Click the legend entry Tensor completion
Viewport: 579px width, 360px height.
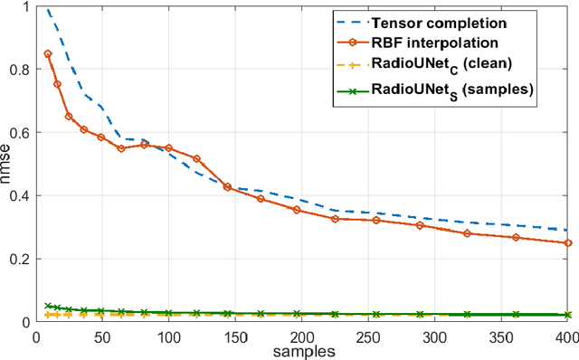[444, 21]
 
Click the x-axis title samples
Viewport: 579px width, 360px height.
[299, 351]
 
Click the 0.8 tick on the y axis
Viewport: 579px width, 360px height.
[17, 70]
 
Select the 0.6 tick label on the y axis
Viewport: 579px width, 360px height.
[17, 133]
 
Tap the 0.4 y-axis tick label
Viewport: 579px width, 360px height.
[17, 196]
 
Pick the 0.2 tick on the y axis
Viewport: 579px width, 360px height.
[17, 260]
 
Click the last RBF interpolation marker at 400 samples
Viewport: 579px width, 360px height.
[567, 242]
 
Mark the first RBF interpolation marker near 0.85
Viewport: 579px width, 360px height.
[48, 54]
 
